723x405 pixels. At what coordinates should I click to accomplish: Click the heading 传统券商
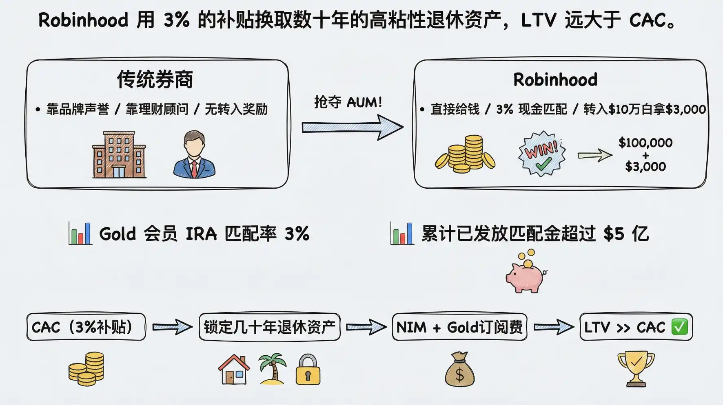point(155,79)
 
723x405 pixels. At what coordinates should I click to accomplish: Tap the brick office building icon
point(119,155)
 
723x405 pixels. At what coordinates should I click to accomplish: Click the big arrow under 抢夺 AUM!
point(352,128)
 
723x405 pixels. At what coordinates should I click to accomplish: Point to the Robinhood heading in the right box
point(555,79)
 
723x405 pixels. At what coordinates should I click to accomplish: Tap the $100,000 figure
point(645,143)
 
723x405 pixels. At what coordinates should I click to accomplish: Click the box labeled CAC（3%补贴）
point(86,327)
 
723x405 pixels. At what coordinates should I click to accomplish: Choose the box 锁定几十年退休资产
point(269,327)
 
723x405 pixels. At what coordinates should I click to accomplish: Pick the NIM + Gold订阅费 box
point(459,327)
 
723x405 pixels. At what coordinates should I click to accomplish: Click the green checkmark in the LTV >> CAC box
point(679,327)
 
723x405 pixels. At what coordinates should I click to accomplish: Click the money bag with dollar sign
point(459,370)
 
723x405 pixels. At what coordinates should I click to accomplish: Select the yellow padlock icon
point(308,370)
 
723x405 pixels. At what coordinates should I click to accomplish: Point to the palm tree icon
point(273,368)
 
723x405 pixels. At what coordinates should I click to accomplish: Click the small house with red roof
point(234,370)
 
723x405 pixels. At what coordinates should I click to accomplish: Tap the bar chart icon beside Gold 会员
point(80,233)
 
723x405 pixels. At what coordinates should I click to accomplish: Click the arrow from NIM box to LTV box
point(553,327)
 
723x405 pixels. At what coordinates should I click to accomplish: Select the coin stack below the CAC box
point(86,369)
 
